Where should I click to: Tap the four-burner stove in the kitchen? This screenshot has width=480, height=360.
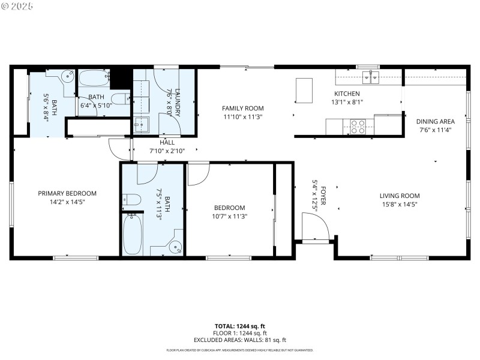pos(358,126)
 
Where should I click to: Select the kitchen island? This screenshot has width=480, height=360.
pos(304,90)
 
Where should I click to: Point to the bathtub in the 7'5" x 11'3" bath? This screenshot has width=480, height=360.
pos(133,233)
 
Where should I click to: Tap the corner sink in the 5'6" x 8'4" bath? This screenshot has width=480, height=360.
pos(68,76)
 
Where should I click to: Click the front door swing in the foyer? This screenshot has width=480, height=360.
pos(316,227)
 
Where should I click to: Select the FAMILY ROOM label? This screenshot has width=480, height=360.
pos(243,109)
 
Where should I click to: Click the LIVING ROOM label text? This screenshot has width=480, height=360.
pos(399,196)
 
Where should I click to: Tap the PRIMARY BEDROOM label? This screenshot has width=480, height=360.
pos(67,193)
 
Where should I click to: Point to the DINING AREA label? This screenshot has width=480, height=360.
pos(435,121)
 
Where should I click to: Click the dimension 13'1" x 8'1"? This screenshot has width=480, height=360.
pos(347,102)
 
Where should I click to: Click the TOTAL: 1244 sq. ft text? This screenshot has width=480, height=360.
pos(240,326)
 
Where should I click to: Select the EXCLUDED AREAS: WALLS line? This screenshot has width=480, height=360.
pos(240,340)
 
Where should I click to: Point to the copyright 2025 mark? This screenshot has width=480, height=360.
pos(17,5)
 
